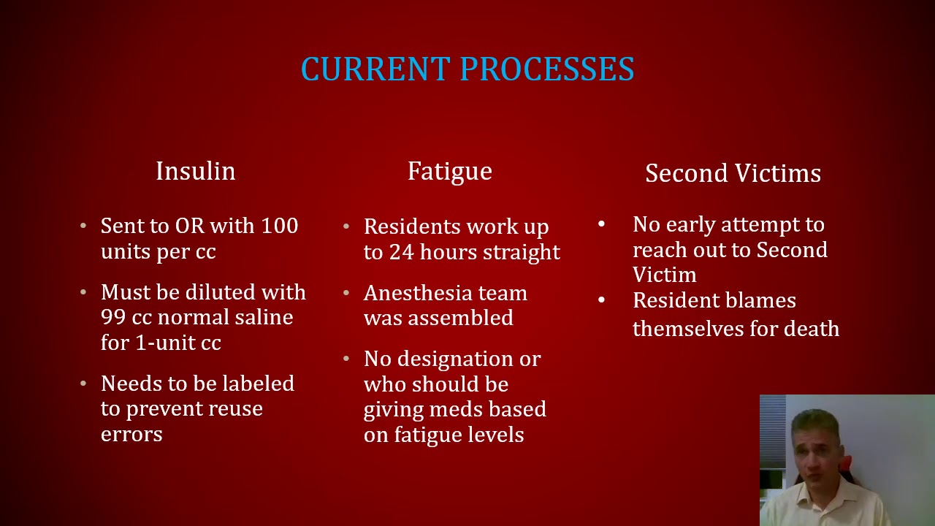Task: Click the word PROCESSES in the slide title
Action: point(547,69)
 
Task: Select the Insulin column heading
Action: point(196,171)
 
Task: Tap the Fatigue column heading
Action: point(450,171)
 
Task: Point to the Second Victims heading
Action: point(733,173)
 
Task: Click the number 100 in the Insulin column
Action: point(280,226)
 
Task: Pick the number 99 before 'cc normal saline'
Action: point(113,317)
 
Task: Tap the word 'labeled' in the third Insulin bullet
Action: point(258,384)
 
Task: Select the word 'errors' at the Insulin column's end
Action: point(131,434)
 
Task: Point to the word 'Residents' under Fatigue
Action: point(405,226)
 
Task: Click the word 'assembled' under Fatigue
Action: point(460,319)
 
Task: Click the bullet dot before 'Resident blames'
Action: point(601,300)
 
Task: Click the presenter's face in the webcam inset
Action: point(812,452)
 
